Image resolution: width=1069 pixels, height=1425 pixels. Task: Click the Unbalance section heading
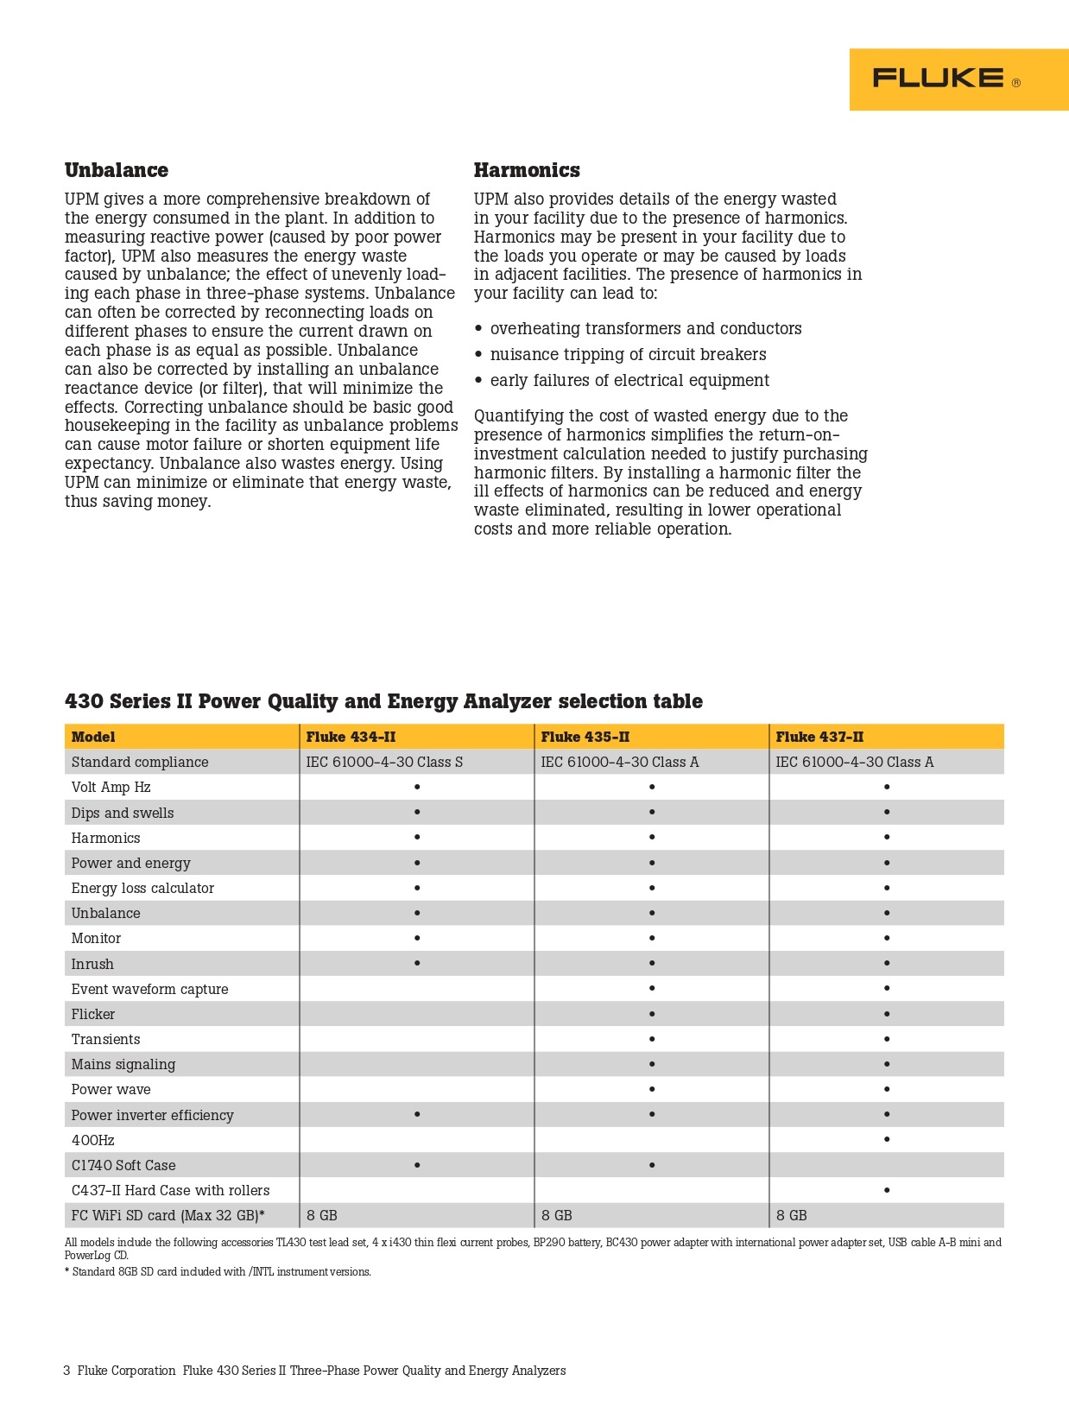(x=117, y=170)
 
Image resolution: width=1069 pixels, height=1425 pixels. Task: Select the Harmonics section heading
(x=527, y=170)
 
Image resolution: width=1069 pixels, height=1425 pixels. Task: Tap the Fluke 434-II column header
(x=351, y=737)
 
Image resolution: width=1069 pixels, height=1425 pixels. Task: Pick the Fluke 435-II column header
(x=585, y=737)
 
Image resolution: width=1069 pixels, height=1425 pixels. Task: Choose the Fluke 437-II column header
(x=819, y=737)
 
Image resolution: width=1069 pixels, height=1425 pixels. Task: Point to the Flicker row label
(x=93, y=1014)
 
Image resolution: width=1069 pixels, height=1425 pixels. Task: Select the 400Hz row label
(x=92, y=1140)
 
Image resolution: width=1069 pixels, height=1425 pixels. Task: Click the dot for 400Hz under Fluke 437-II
(x=887, y=1140)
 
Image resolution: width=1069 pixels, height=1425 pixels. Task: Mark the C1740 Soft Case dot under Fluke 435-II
(x=652, y=1165)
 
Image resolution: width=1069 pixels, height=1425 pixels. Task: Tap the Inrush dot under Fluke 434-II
(x=417, y=963)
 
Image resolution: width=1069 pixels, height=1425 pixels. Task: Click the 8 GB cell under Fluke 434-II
(x=322, y=1215)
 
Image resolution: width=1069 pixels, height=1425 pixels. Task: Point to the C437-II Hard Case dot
(x=887, y=1190)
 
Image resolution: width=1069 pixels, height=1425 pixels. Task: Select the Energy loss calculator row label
(x=142, y=888)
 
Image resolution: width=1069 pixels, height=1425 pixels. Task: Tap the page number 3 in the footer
(x=66, y=1371)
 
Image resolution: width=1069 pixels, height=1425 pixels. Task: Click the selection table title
(x=383, y=701)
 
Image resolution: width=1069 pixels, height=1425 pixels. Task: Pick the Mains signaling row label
(x=123, y=1064)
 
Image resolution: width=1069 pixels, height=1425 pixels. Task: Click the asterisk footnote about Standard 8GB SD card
(x=218, y=1272)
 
